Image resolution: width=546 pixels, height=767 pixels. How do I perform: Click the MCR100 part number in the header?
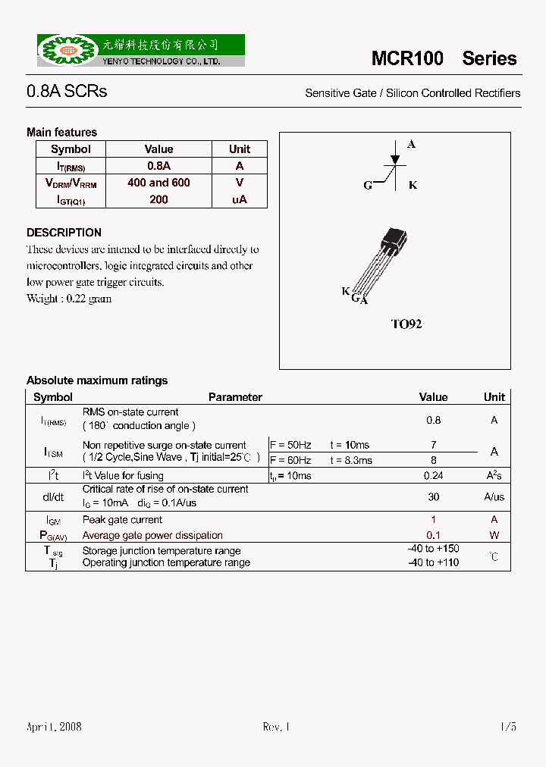(x=407, y=58)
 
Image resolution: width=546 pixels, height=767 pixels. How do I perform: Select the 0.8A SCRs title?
(x=67, y=92)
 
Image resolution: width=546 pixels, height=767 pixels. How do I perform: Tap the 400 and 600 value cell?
(x=158, y=183)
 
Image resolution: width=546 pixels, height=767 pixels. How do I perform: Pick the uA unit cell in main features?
(x=240, y=199)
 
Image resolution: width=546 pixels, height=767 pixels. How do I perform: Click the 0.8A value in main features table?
(x=158, y=166)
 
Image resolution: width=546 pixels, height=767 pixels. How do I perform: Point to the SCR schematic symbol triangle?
(x=394, y=160)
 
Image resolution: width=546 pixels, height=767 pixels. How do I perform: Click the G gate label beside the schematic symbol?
(x=368, y=186)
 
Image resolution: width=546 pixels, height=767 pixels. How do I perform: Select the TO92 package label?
(x=406, y=324)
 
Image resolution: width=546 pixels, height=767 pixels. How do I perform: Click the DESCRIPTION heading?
(x=64, y=233)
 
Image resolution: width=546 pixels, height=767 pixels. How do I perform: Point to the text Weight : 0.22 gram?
(x=69, y=299)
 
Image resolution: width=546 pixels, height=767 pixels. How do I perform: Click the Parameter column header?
(x=235, y=397)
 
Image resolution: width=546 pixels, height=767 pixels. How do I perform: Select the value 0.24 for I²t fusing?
(x=433, y=475)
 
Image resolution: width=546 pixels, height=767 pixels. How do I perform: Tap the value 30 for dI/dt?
(x=433, y=496)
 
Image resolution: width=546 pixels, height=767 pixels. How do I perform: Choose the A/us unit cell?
(x=494, y=496)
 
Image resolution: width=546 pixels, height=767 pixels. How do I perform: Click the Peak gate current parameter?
(x=122, y=520)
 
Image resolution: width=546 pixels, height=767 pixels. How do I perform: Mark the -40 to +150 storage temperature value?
(x=433, y=549)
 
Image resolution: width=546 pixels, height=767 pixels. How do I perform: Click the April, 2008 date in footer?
(x=54, y=727)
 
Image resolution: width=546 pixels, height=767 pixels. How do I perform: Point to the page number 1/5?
(x=508, y=727)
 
